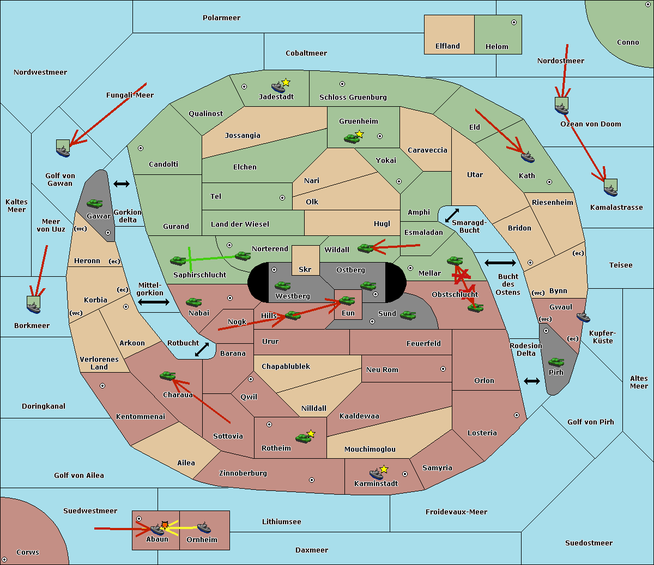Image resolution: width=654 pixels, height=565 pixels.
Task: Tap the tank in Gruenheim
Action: click(352, 138)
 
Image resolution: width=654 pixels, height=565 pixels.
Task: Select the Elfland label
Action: click(447, 46)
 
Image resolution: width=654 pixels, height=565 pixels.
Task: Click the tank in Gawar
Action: click(94, 204)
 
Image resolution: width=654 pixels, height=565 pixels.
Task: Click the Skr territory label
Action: click(305, 269)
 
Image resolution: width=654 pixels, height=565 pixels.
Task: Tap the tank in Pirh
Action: click(556, 362)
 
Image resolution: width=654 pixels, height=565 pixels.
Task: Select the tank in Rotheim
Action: click(303, 438)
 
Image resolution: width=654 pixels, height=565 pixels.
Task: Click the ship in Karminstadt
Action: click(376, 473)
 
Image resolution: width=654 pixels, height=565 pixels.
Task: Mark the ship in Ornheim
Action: click(204, 527)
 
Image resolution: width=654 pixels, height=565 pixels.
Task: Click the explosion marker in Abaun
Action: click(165, 524)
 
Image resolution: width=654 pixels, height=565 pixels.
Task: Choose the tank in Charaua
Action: click(167, 375)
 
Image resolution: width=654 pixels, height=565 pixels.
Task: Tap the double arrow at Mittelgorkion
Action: click(153, 302)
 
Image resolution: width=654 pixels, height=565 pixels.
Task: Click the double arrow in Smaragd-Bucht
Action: click(452, 215)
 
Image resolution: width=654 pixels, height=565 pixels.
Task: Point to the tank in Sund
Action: click(408, 314)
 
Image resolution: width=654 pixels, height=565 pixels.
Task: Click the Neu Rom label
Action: click(382, 369)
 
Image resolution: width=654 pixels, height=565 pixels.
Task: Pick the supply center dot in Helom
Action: click(513, 22)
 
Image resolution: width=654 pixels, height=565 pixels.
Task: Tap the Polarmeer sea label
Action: click(221, 17)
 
